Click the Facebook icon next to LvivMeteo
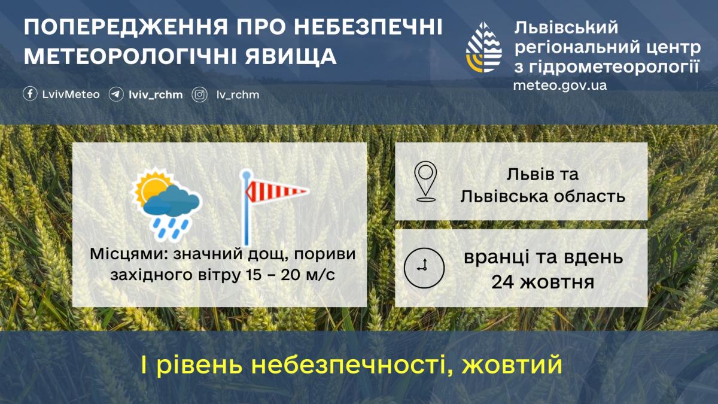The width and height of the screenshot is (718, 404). tap(30, 95)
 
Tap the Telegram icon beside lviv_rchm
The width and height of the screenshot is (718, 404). tap(115, 95)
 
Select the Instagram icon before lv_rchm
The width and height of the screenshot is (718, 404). tap(199, 95)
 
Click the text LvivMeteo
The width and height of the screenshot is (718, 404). tap(71, 95)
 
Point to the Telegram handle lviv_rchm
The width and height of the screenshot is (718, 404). tap(156, 95)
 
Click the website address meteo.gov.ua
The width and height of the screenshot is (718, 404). tap(560, 86)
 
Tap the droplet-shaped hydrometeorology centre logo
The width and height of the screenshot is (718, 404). tap(483, 47)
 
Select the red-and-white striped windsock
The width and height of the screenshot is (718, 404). tap(277, 192)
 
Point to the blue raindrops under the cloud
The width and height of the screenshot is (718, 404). tap(171, 228)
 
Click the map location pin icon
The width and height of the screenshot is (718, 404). tap(425, 181)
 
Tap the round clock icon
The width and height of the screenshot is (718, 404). tap(424, 268)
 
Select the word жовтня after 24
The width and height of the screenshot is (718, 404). tap(557, 283)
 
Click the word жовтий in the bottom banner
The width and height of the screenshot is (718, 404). tap(512, 364)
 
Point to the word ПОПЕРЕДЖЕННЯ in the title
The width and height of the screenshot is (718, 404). tap(126, 27)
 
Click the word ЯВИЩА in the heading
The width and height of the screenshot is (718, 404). tap(291, 57)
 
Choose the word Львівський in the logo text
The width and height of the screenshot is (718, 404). tap(566, 28)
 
